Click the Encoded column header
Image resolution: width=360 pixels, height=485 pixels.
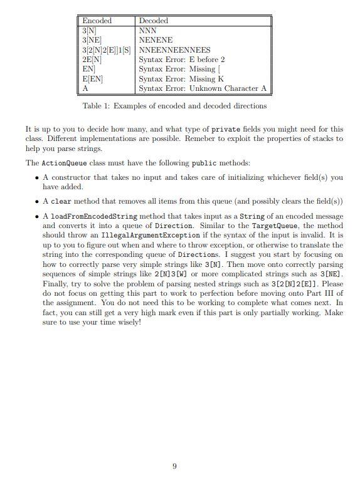(97, 21)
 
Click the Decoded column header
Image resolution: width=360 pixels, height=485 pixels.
(154, 21)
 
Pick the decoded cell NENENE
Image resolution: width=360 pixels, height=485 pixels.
(156, 39)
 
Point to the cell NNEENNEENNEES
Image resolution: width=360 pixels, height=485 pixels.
(174, 50)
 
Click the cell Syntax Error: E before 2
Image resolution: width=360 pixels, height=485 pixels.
(182, 60)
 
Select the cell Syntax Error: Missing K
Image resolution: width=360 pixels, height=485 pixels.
(181, 79)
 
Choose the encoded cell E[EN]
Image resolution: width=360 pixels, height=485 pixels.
(92, 79)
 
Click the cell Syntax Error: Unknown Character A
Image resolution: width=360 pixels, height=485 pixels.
(202, 89)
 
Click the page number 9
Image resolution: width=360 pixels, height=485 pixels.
(174, 466)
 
